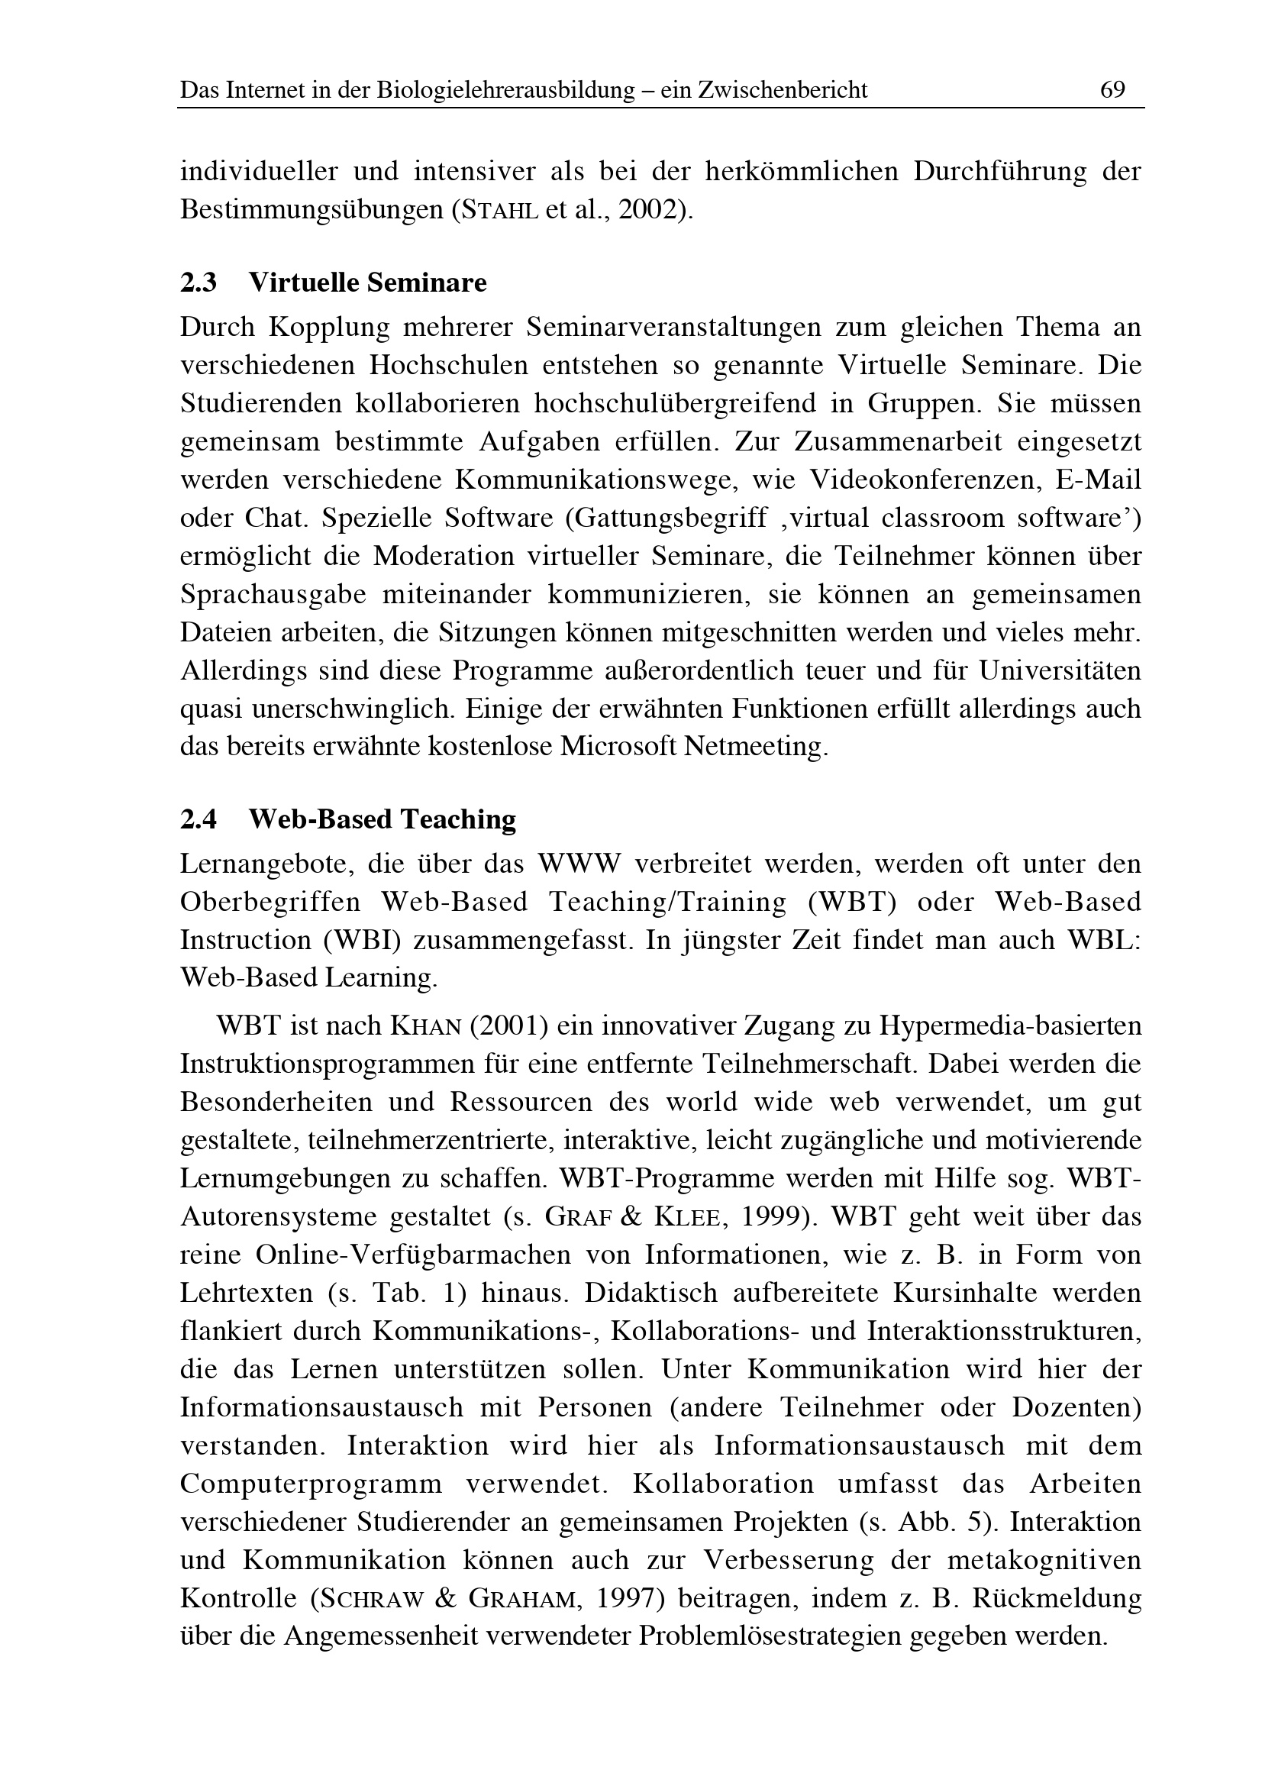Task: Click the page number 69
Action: pos(1112,90)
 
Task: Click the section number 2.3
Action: pos(198,283)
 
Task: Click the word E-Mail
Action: pos(1098,480)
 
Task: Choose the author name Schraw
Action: pos(372,1598)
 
